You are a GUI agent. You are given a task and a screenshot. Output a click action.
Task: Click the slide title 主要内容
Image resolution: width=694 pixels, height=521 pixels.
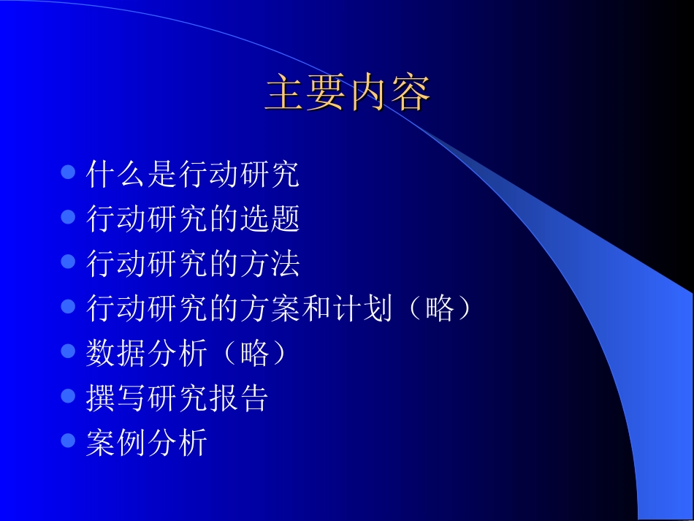click(347, 94)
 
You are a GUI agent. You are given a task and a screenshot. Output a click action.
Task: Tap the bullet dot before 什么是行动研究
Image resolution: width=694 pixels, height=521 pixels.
click(69, 172)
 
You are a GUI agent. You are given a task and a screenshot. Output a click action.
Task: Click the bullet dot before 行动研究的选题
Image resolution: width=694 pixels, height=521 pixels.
click(69, 217)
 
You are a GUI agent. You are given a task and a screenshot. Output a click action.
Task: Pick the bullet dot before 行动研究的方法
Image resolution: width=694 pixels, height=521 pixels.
click(69, 262)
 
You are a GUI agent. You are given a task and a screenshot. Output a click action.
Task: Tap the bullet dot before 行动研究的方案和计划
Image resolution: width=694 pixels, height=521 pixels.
click(69, 306)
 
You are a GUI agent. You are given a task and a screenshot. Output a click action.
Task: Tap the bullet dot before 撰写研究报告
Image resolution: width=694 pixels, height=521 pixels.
click(69, 396)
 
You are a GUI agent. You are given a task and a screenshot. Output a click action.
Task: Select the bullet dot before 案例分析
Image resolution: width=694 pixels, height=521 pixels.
click(69, 441)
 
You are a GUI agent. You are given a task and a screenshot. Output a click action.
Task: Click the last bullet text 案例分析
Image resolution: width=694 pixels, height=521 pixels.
click(146, 442)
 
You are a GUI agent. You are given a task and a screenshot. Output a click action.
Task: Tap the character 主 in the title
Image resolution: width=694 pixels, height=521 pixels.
click(285, 94)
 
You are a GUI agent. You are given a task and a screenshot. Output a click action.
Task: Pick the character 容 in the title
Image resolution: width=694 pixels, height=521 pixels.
click(410, 94)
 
